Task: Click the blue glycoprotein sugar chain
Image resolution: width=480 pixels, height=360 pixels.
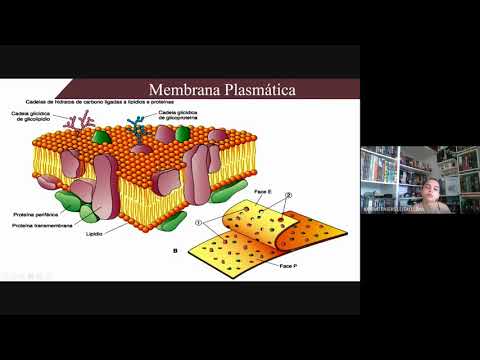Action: pyautogui.click(x=136, y=128)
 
